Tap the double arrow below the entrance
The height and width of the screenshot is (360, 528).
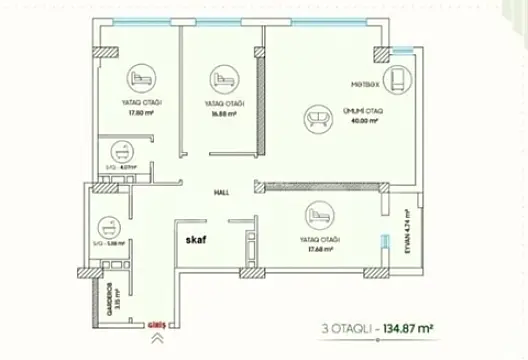click(x=155, y=339)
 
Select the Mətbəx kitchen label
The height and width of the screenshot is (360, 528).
click(x=363, y=84)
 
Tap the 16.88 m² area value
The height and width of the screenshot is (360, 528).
click(x=223, y=114)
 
